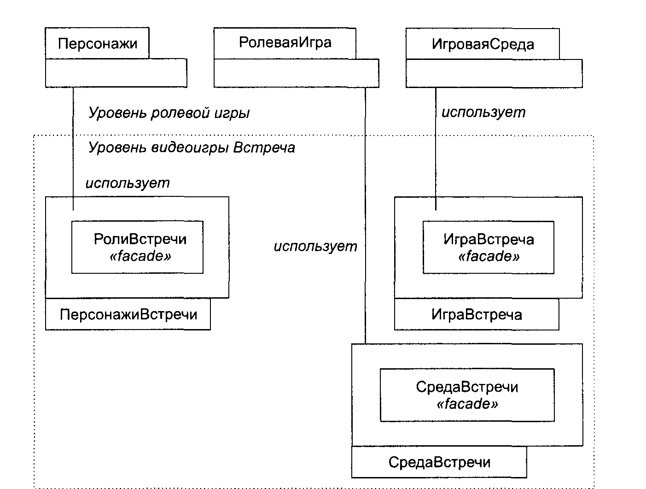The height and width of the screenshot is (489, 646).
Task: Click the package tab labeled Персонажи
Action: coord(97,43)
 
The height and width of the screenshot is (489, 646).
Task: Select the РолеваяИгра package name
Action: coord(285,42)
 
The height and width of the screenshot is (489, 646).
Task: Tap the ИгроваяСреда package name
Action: coord(483,44)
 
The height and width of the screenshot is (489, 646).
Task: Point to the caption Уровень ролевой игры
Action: coord(169,113)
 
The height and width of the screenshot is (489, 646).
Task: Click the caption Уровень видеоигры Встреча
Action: coord(192,147)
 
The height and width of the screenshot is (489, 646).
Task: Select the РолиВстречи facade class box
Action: coord(137,247)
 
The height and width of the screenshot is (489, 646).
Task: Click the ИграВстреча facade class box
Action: coord(489,247)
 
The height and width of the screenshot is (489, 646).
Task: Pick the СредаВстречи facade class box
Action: coord(467,395)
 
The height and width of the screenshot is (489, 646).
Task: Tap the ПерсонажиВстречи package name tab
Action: coord(128,314)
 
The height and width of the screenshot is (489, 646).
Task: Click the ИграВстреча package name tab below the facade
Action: coord(477,314)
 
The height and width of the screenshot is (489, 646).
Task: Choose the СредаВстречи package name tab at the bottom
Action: coord(439,462)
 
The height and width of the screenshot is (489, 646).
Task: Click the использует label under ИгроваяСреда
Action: coord(483,112)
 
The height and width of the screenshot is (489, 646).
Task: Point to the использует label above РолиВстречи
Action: coord(128,183)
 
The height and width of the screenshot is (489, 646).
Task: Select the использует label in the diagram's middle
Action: coord(315,246)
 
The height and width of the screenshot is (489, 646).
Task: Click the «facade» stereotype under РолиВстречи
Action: coord(140,256)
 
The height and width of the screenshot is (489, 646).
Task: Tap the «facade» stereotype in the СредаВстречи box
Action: coord(467,404)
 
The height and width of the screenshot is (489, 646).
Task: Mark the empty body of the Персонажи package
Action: coord(116,73)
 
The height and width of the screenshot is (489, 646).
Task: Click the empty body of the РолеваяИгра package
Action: coord(297,73)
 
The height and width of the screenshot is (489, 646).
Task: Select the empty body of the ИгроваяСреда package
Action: coord(494,74)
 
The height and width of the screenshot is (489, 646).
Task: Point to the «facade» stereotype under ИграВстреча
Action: coord(489,256)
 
